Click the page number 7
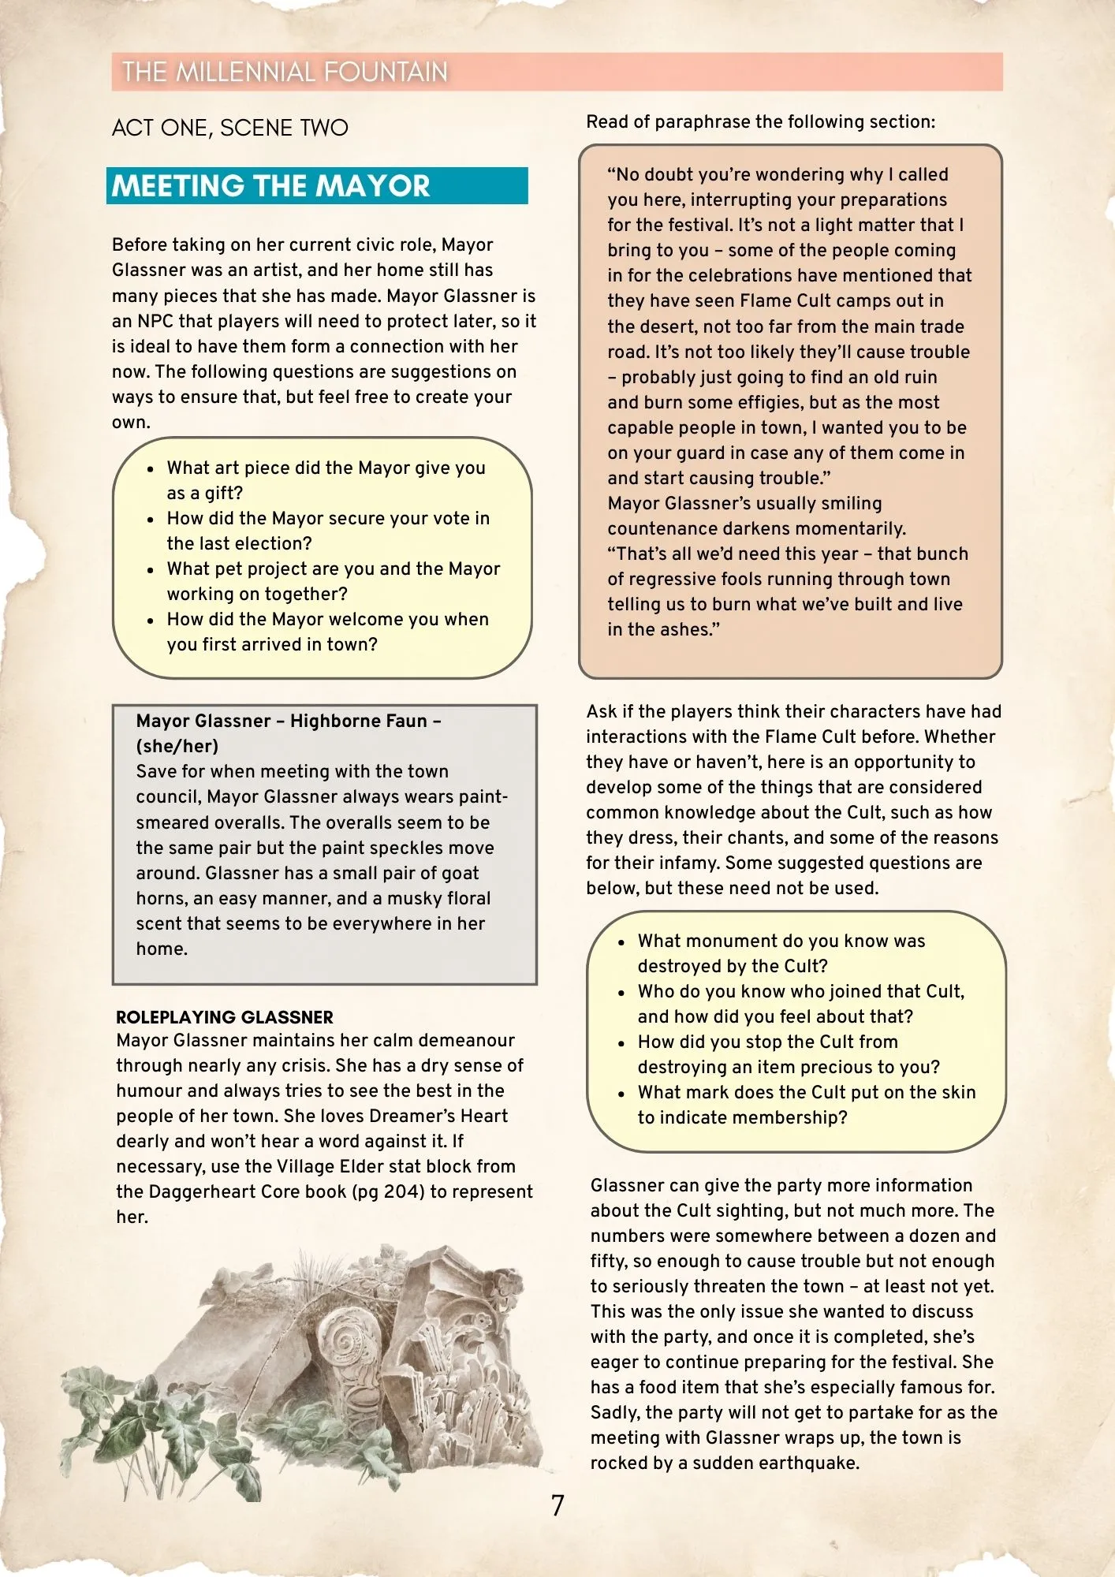[557, 1505]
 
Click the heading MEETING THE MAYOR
[270, 186]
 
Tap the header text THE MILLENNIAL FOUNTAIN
[285, 72]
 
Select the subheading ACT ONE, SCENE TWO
[229, 128]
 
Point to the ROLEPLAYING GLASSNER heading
[225, 1017]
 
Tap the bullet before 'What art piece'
[151, 469]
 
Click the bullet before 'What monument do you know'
[621, 942]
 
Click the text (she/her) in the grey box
[177, 746]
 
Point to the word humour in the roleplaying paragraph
[149, 1090]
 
